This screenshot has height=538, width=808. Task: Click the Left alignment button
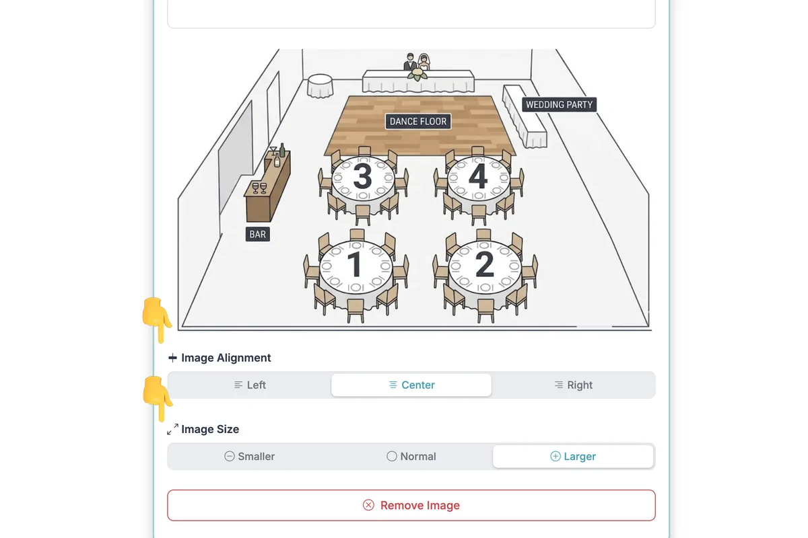tap(250, 385)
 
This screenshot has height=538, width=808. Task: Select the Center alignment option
tap(411, 385)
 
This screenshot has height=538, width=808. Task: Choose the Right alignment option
tap(573, 385)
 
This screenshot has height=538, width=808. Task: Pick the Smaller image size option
tap(250, 456)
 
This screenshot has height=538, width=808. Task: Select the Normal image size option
tap(411, 456)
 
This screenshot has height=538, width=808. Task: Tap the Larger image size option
tap(573, 456)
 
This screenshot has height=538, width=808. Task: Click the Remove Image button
tap(411, 505)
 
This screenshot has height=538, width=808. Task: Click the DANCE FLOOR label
tap(418, 122)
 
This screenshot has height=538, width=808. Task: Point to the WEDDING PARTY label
tap(559, 104)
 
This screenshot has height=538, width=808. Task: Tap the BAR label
tap(257, 234)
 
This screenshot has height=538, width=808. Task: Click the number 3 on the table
tap(362, 176)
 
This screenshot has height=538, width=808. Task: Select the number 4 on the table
tap(478, 176)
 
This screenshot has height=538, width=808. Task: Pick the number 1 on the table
tap(356, 264)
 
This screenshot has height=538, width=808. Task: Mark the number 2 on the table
tap(485, 264)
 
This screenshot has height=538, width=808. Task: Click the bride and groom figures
tap(417, 62)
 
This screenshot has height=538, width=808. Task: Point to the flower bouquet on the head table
tap(417, 74)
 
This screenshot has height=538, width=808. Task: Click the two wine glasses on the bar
tap(259, 188)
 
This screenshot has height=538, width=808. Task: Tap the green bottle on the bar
tap(282, 150)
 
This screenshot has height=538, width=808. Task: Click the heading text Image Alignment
tap(226, 358)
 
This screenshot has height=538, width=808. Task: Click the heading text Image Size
tap(210, 429)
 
